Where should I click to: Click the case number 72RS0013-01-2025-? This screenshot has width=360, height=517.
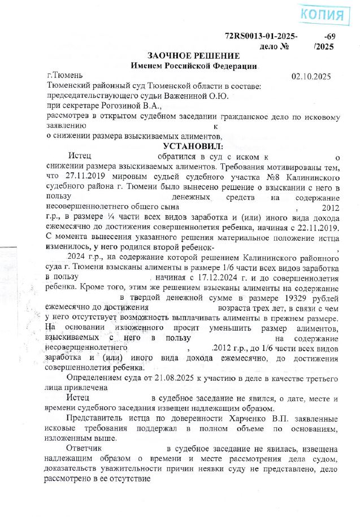(261, 37)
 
